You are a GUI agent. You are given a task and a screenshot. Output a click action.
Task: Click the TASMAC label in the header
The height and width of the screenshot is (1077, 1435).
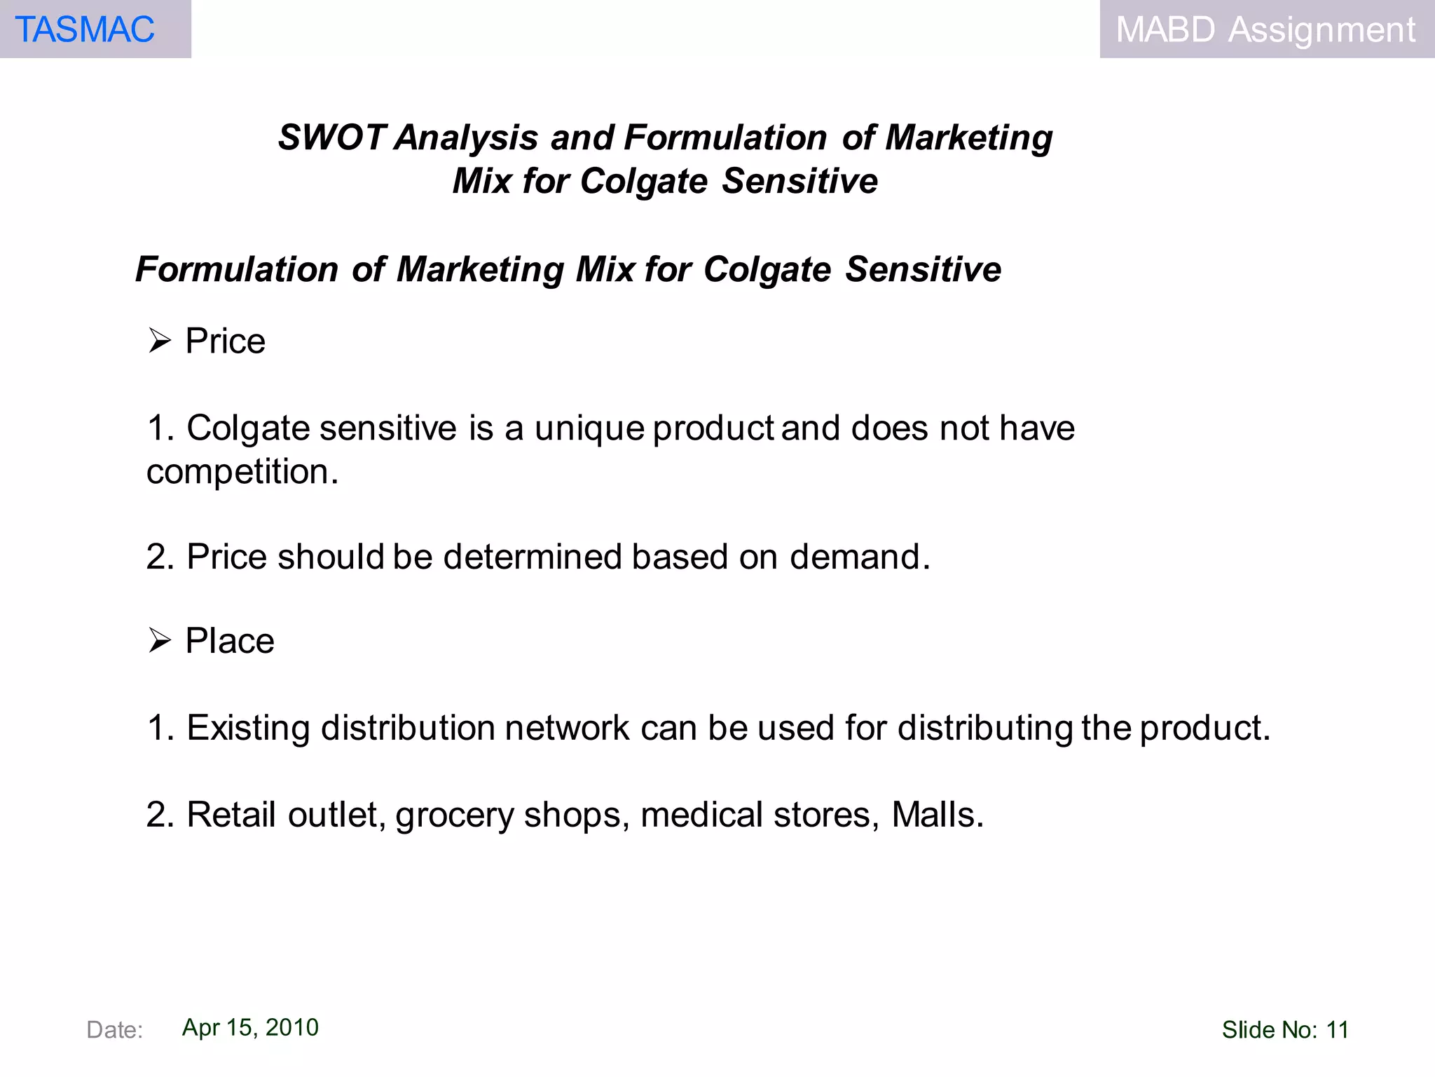[85, 29]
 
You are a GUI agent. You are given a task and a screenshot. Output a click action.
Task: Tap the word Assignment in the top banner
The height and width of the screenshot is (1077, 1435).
[1321, 29]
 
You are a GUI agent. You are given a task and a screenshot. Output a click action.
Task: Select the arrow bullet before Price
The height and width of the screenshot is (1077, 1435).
[160, 341]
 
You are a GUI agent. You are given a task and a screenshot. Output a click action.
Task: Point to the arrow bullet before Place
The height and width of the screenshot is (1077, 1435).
[160, 641]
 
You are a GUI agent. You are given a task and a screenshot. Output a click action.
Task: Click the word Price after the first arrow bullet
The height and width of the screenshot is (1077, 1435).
[225, 341]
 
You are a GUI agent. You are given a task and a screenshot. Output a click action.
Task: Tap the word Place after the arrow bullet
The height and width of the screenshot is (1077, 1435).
[230, 641]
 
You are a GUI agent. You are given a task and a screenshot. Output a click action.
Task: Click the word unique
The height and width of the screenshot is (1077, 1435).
[589, 428]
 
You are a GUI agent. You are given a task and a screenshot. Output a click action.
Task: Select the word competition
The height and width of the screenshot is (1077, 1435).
[242, 472]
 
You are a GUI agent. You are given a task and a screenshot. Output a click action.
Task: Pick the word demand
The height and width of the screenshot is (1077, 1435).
[860, 557]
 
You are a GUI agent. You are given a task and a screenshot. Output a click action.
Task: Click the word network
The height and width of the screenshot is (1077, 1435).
[567, 728]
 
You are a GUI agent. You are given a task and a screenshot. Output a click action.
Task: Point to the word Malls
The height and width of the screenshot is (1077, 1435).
[938, 815]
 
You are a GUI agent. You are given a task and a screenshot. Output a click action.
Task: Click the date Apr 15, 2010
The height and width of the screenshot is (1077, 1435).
[250, 1027]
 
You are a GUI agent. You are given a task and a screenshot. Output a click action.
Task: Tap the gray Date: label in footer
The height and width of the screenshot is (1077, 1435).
[114, 1030]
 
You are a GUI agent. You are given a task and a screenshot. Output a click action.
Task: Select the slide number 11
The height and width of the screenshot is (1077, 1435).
[1338, 1030]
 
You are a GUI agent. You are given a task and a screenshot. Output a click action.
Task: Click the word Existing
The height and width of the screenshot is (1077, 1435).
[248, 728]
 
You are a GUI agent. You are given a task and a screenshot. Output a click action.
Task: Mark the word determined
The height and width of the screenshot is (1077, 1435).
[533, 557]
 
